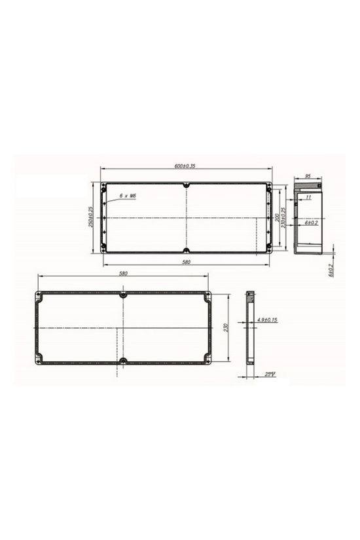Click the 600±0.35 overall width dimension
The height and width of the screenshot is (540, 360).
(x=186, y=166)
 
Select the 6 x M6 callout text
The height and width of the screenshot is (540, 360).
(x=126, y=196)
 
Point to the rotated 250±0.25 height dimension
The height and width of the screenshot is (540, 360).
(x=91, y=217)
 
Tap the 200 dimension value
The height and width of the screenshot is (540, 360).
(x=278, y=217)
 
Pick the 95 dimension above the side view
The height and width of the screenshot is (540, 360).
(x=308, y=176)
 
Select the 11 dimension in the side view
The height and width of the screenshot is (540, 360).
(x=308, y=196)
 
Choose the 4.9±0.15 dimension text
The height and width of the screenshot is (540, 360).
(x=267, y=319)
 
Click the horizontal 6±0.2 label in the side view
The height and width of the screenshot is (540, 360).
(x=311, y=223)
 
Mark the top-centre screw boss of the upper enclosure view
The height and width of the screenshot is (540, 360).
(x=186, y=186)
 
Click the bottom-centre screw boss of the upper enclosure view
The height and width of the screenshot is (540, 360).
(x=186, y=251)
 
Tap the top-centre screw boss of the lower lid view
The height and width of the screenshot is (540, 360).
(x=123, y=295)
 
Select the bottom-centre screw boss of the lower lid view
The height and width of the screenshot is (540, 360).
(x=123, y=360)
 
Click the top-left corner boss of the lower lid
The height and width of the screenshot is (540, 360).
(x=39, y=297)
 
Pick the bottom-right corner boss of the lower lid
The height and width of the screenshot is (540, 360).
(x=207, y=358)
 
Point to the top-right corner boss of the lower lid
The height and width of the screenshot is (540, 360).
(x=207, y=297)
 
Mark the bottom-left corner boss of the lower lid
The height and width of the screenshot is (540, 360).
(x=39, y=358)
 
